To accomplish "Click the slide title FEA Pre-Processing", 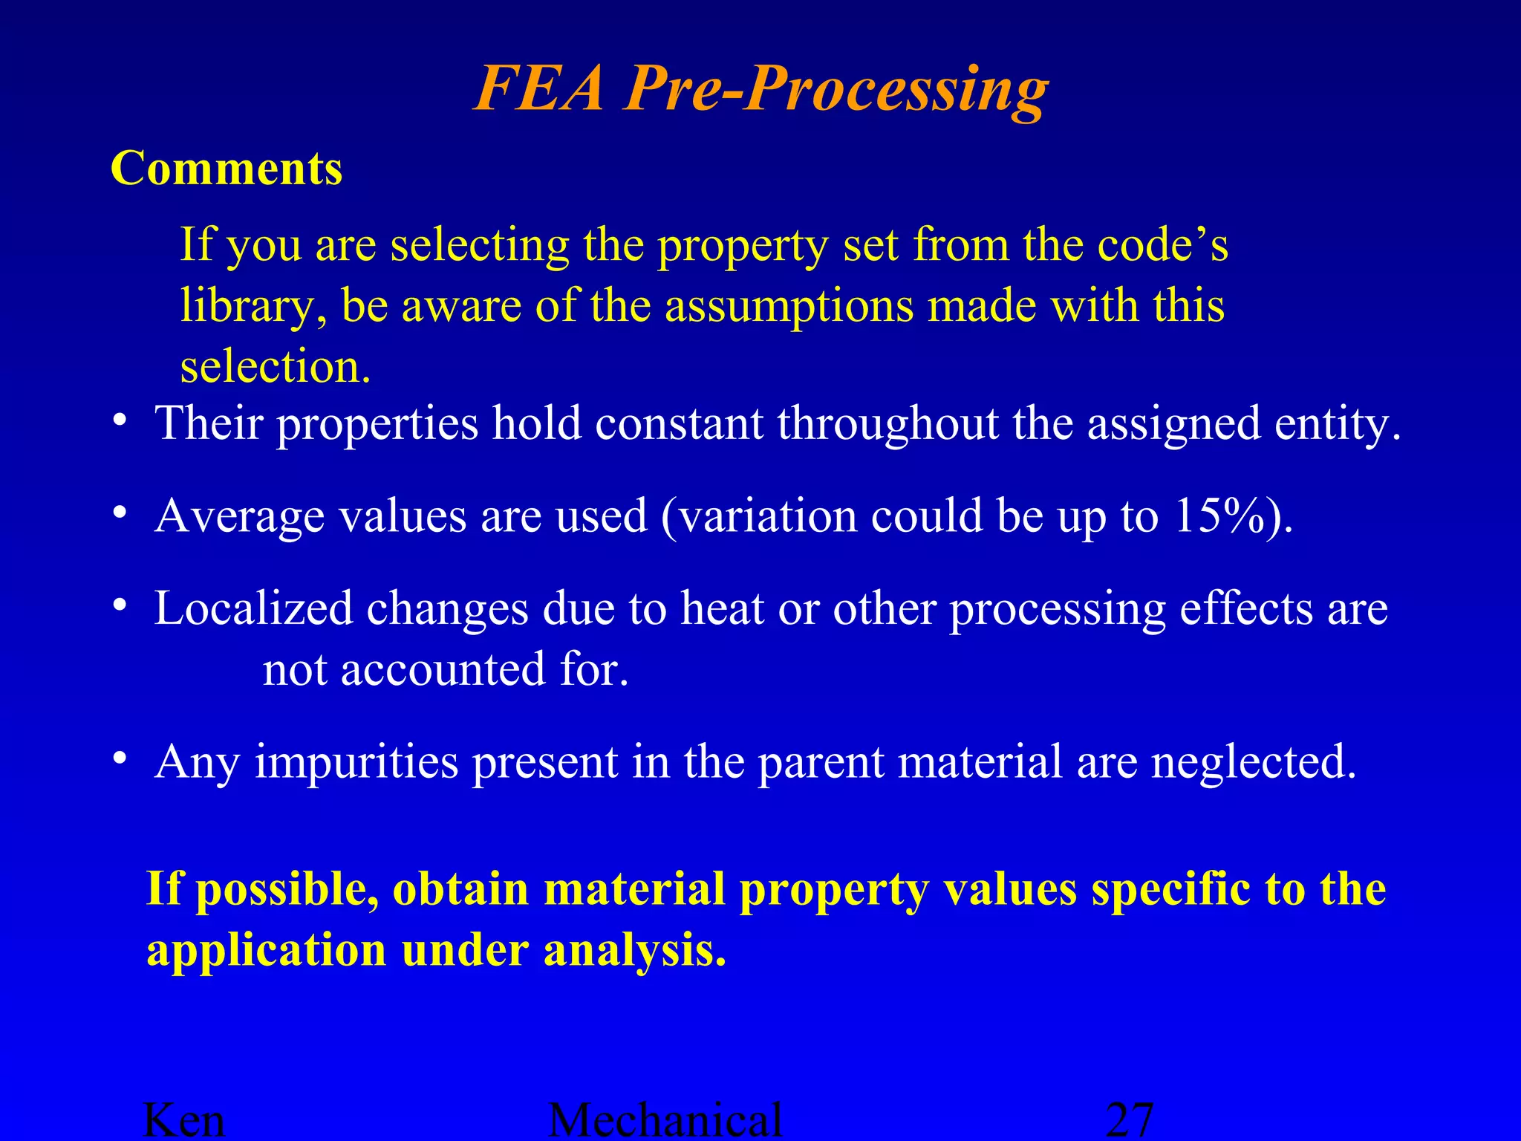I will (x=760, y=89).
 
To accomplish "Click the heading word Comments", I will (x=227, y=169).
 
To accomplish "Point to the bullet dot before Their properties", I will (x=120, y=420).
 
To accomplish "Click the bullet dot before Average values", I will (x=120, y=513).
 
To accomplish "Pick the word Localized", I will (x=253, y=608).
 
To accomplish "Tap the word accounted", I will (x=443, y=669).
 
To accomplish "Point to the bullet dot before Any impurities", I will (x=120, y=758).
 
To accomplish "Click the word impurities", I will (x=356, y=762).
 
